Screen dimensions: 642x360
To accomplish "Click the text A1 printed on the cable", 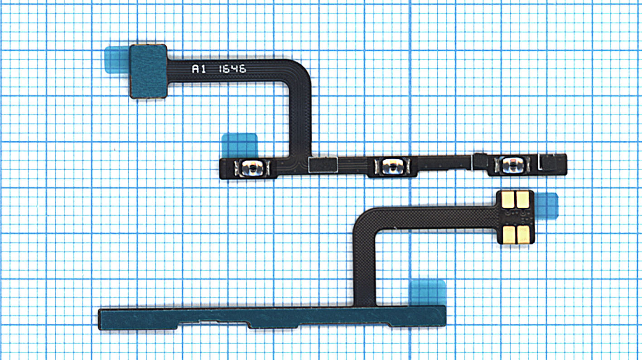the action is pos(198,69).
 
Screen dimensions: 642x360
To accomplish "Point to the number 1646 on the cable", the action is pos(232,69).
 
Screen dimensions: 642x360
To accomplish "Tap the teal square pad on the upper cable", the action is pos(148,71).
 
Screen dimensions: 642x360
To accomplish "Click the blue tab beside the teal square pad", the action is pos(116,60).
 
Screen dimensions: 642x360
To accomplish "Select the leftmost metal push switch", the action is pos(252,168).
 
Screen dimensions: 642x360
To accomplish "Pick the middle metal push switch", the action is pos(392,166).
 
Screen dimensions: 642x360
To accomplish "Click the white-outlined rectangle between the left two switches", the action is pos(323,165).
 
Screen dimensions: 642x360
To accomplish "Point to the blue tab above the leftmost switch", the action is pos(240,145).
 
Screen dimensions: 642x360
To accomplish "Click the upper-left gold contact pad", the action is pos(508,200).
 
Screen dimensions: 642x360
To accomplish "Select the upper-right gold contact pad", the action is pos(522,200).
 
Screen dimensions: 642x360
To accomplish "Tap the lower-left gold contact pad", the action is pos(509,235).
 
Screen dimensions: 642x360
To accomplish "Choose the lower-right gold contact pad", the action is pos(523,235).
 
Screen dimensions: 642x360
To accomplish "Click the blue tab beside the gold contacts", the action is pos(546,206).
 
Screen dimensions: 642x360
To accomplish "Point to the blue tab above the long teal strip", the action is pos(428,293).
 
